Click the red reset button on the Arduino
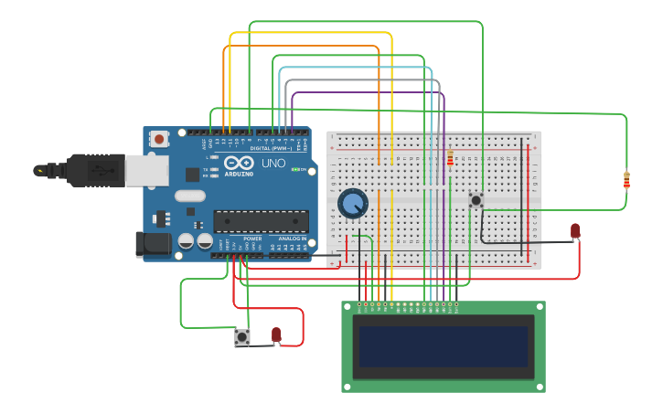point(159,140)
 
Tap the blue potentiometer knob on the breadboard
point(352,203)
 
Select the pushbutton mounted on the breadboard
point(476,199)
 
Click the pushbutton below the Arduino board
point(242,337)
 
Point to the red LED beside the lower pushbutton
point(276,334)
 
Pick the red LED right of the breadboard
point(575,231)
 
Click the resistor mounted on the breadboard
point(450,159)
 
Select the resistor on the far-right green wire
point(626,181)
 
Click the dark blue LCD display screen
point(444,346)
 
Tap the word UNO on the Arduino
point(273,165)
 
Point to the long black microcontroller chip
point(261,220)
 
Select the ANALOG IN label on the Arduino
point(293,239)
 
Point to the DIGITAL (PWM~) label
point(271,148)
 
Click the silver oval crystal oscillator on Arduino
point(189,196)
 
